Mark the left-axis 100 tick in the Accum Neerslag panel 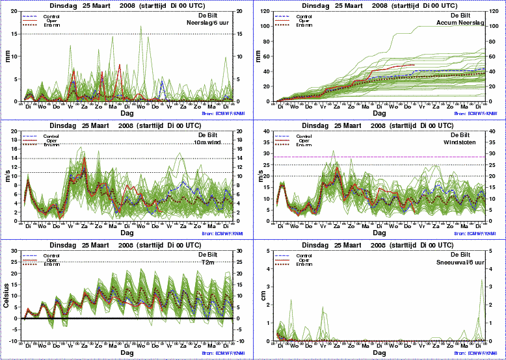point(265,27)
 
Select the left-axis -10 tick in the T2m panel point(16,341)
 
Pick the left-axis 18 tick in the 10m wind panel point(17,140)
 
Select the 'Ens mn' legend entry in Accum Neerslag point(303,25)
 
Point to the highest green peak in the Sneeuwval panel point(481,279)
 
